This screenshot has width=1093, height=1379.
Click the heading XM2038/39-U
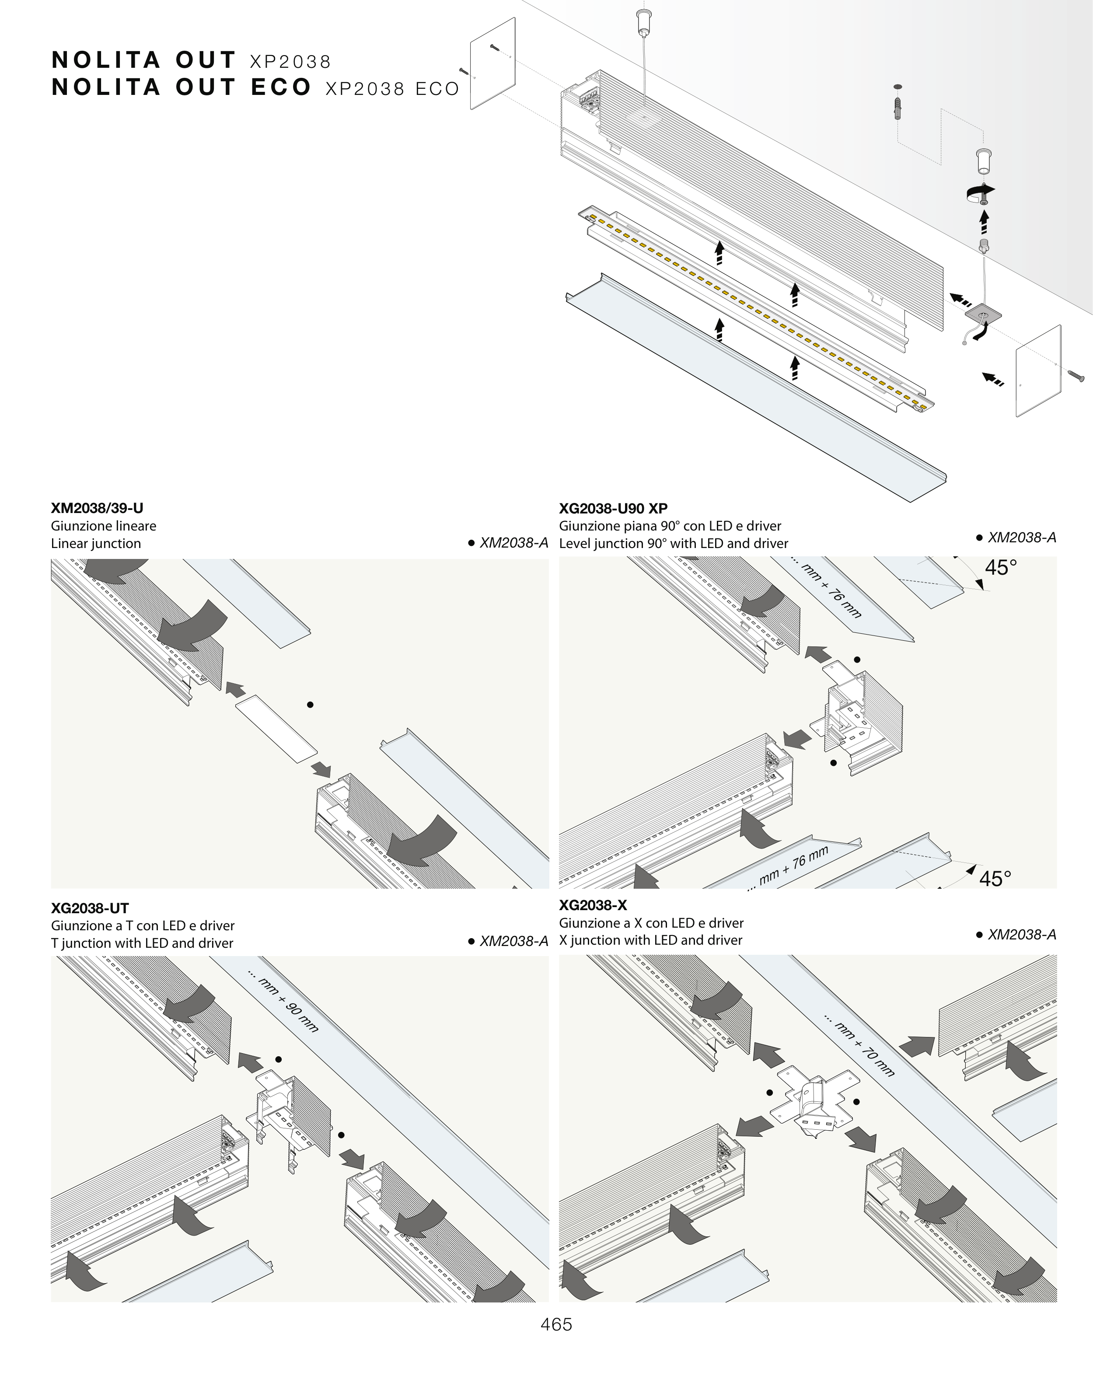point(97,509)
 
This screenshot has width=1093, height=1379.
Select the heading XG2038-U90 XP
point(613,509)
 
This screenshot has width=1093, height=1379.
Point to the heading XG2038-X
point(593,905)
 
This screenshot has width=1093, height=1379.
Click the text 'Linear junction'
point(96,544)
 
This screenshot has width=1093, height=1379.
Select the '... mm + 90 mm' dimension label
point(283,1002)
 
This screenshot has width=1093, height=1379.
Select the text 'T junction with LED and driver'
point(142,943)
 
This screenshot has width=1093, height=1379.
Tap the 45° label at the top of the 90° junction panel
point(1000,567)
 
